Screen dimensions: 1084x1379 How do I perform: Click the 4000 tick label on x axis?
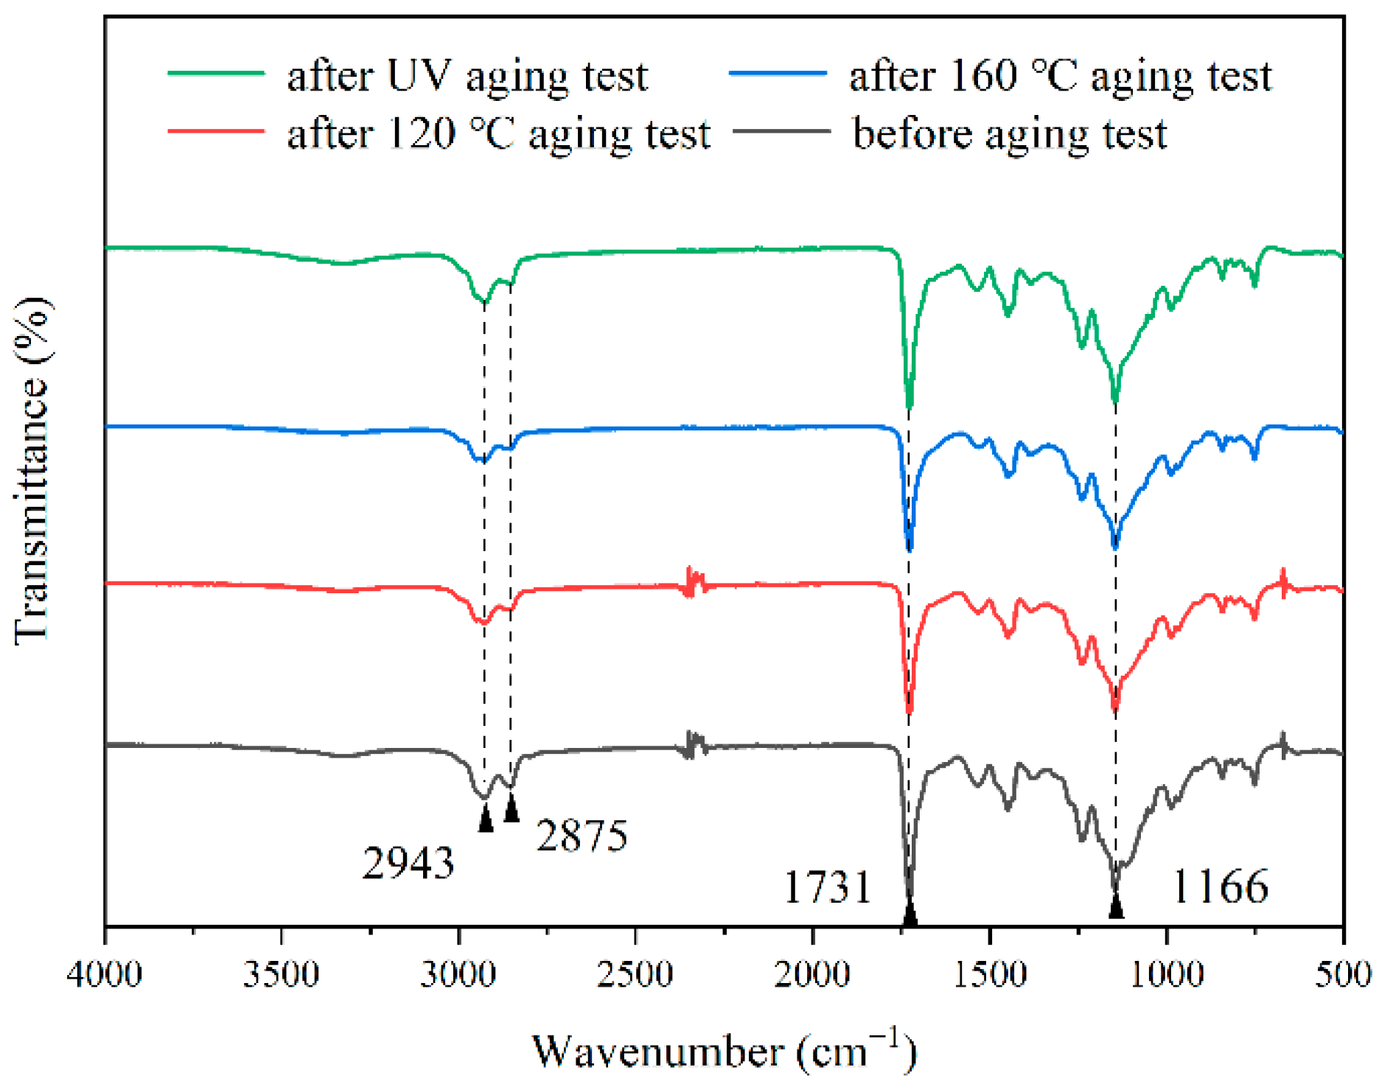(x=104, y=975)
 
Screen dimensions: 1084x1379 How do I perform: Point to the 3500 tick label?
(x=282, y=975)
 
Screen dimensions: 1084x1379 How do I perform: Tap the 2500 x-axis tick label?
(x=635, y=975)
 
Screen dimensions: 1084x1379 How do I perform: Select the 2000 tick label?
(x=812, y=975)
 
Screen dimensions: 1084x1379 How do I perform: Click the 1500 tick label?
(x=990, y=975)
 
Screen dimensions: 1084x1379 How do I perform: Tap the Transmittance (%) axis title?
(x=32, y=472)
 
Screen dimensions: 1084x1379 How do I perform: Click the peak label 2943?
(x=408, y=863)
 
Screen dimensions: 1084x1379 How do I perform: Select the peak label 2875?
(x=582, y=836)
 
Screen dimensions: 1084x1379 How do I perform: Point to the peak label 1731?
(x=827, y=887)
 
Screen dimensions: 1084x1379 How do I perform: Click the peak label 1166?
(x=1220, y=886)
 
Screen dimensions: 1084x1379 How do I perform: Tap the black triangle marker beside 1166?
(x=1116, y=906)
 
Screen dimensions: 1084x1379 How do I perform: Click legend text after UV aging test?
(x=467, y=76)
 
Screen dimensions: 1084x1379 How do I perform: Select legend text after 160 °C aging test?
(x=1060, y=76)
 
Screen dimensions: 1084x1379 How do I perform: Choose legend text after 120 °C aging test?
(x=498, y=134)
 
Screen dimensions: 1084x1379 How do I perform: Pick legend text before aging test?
(x=1009, y=134)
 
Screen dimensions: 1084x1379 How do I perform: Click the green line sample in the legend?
(x=216, y=73)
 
